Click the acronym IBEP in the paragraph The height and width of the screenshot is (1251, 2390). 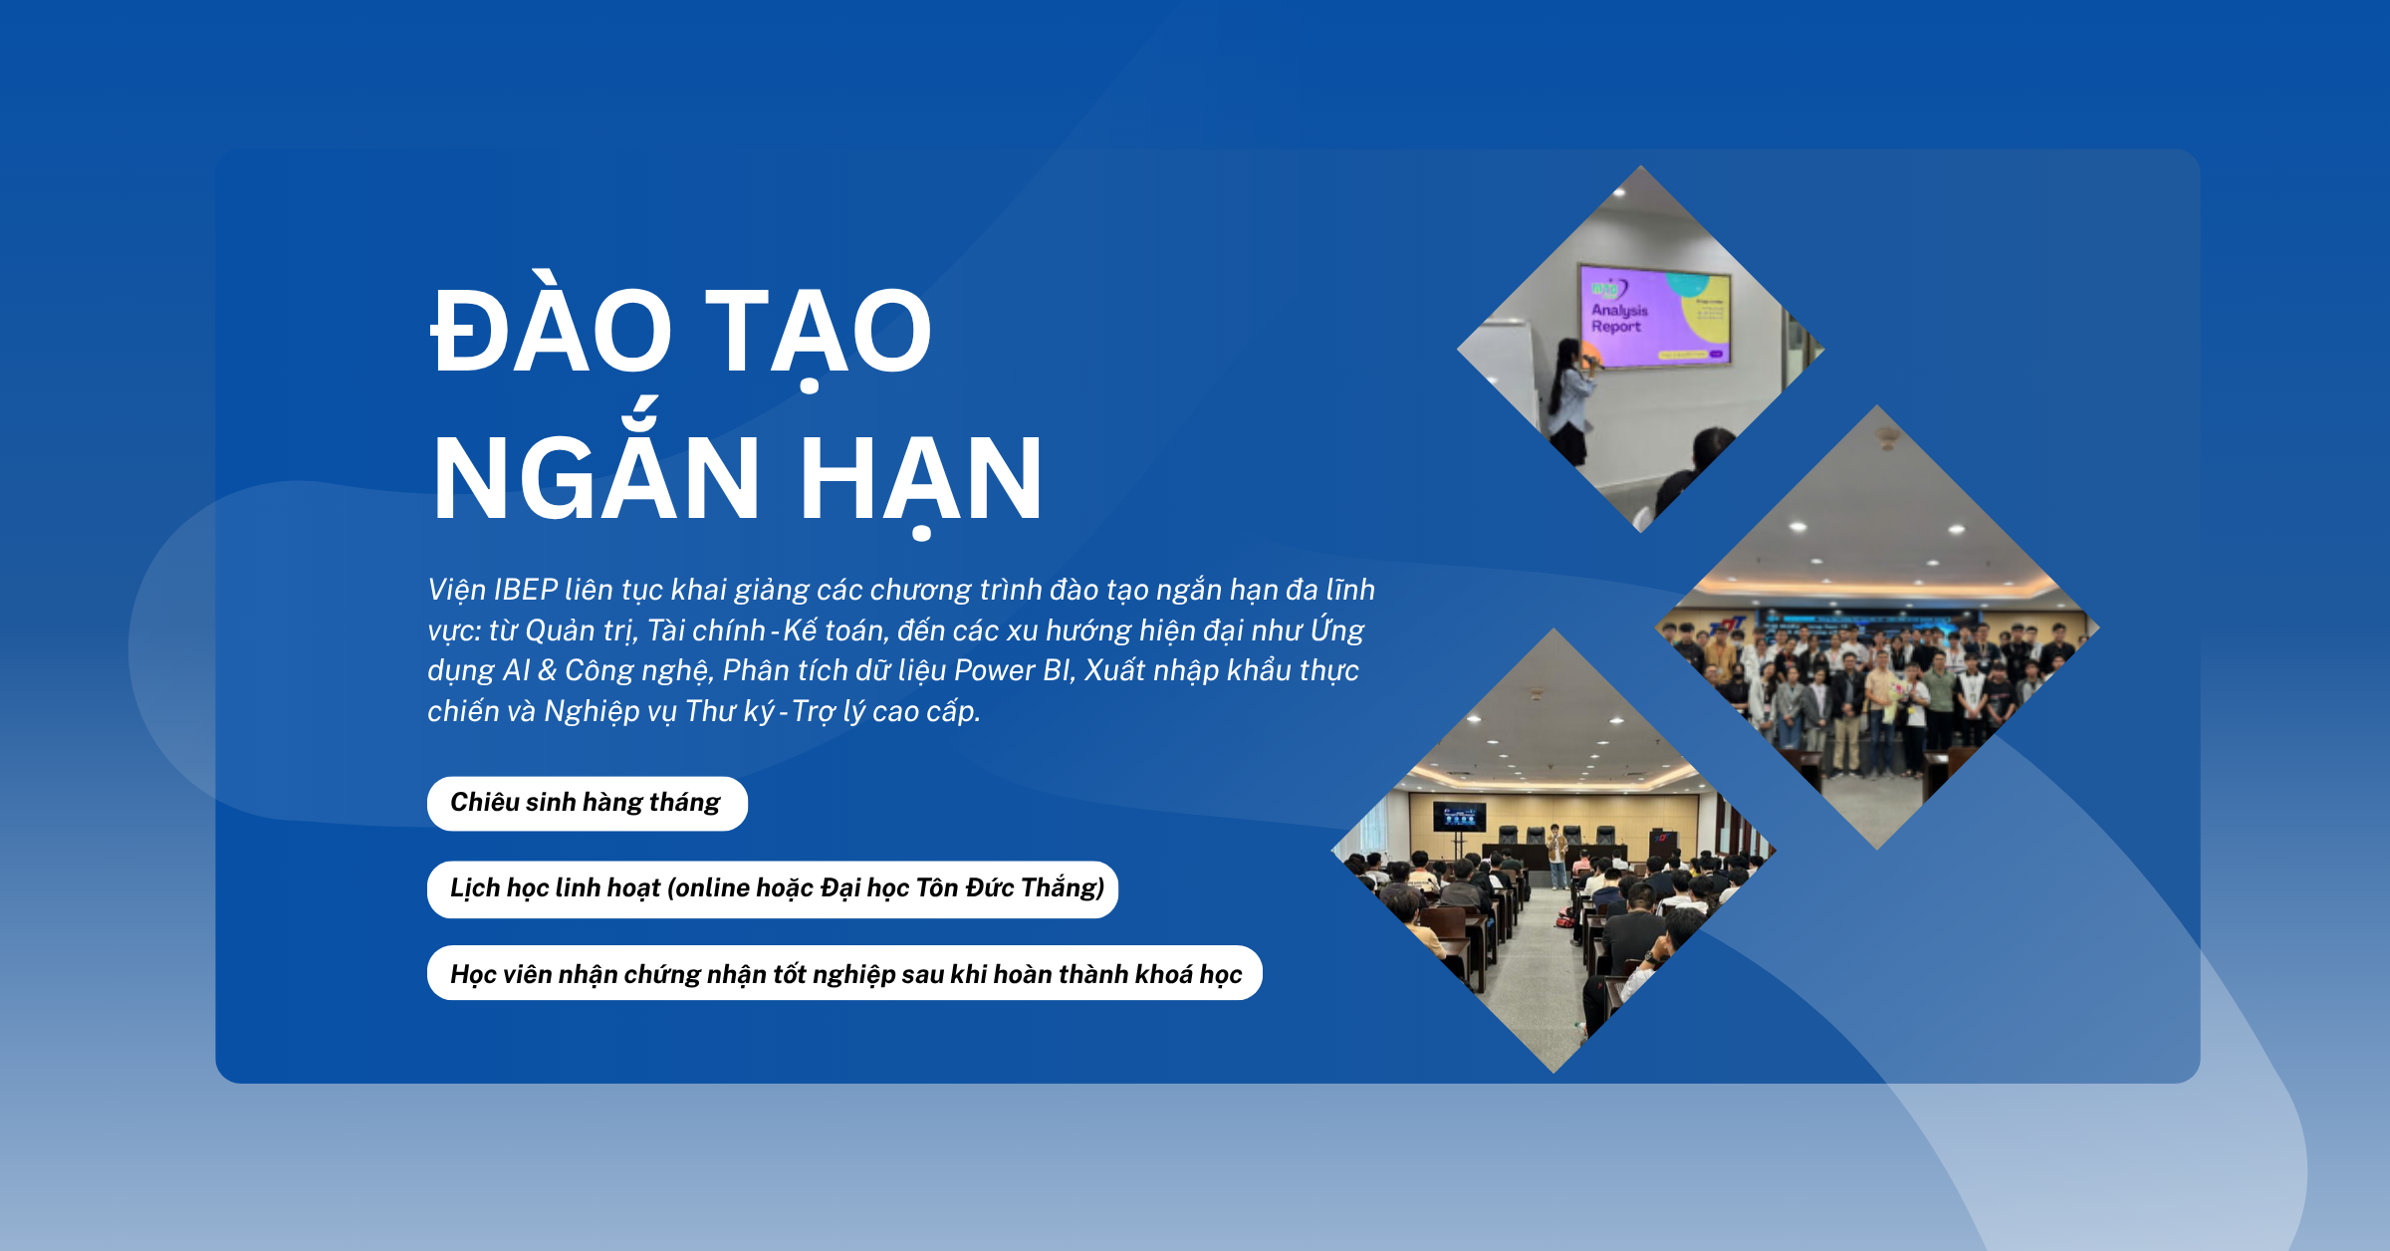click(x=526, y=590)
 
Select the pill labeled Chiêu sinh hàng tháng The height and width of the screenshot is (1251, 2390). click(x=588, y=803)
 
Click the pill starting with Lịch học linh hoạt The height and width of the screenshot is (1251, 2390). click(x=773, y=888)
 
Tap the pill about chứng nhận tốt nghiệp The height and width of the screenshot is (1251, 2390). click(x=844, y=973)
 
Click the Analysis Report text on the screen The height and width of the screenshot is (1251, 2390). click(x=1619, y=318)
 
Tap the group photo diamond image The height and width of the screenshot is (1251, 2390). click(x=1877, y=627)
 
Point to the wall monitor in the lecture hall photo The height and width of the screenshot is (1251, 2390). click(x=1459, y=816)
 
